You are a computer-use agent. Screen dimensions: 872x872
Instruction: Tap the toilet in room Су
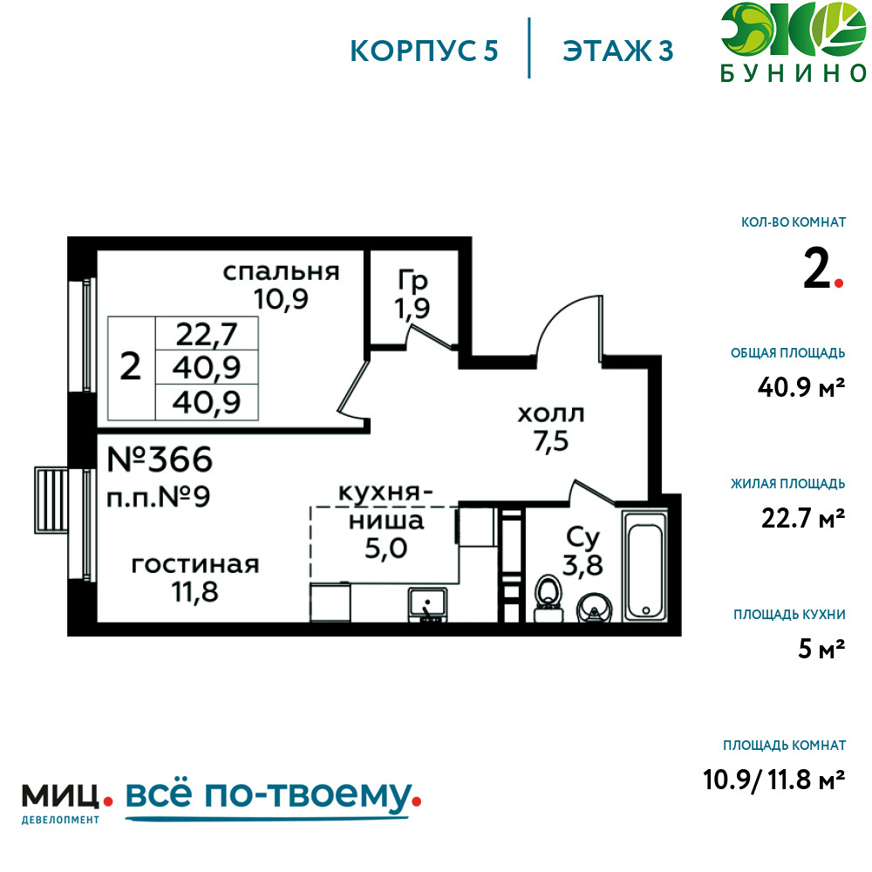tap(548, 598)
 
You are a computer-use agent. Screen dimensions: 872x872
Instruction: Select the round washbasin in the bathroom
tap(594, 609)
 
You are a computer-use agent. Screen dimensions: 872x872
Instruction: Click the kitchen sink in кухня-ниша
tap(427, 604)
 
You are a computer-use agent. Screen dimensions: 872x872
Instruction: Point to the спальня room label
tap(281, 271)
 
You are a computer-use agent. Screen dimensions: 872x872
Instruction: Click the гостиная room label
tap(195, 565)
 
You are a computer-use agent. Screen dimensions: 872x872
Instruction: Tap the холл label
tap(550, 413)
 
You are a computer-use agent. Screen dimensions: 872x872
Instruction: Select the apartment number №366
tap(160, 459)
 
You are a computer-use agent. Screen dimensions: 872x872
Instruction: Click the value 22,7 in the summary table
tap(207, 334)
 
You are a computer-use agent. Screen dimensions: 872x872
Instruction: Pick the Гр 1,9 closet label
tap(412, 294)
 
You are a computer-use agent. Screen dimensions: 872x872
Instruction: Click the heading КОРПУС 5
tap(424, 51)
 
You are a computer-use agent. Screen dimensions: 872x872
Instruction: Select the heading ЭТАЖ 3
tap(618, 51)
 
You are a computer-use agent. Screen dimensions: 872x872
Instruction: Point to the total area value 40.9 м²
tap(801, 386)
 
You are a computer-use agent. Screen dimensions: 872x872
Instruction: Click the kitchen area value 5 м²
tap(821, 649)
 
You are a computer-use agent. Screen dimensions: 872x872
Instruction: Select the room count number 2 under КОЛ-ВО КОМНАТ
tap(817, 269)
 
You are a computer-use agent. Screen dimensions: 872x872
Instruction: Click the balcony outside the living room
tap(51, 500)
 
